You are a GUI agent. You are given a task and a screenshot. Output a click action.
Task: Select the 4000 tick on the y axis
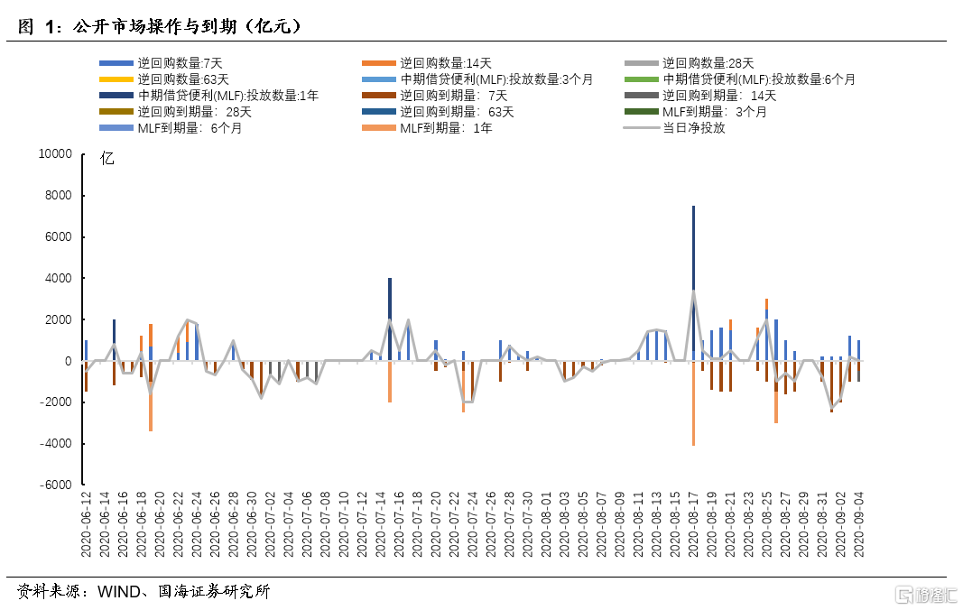(x=57, y=279)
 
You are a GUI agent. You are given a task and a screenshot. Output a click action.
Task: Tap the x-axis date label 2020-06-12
(x=87, y=528)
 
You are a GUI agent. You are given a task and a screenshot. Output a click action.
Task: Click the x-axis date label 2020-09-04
(x=858, y=528)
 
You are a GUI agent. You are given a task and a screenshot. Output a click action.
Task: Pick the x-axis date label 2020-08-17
(x=693, y=528)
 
